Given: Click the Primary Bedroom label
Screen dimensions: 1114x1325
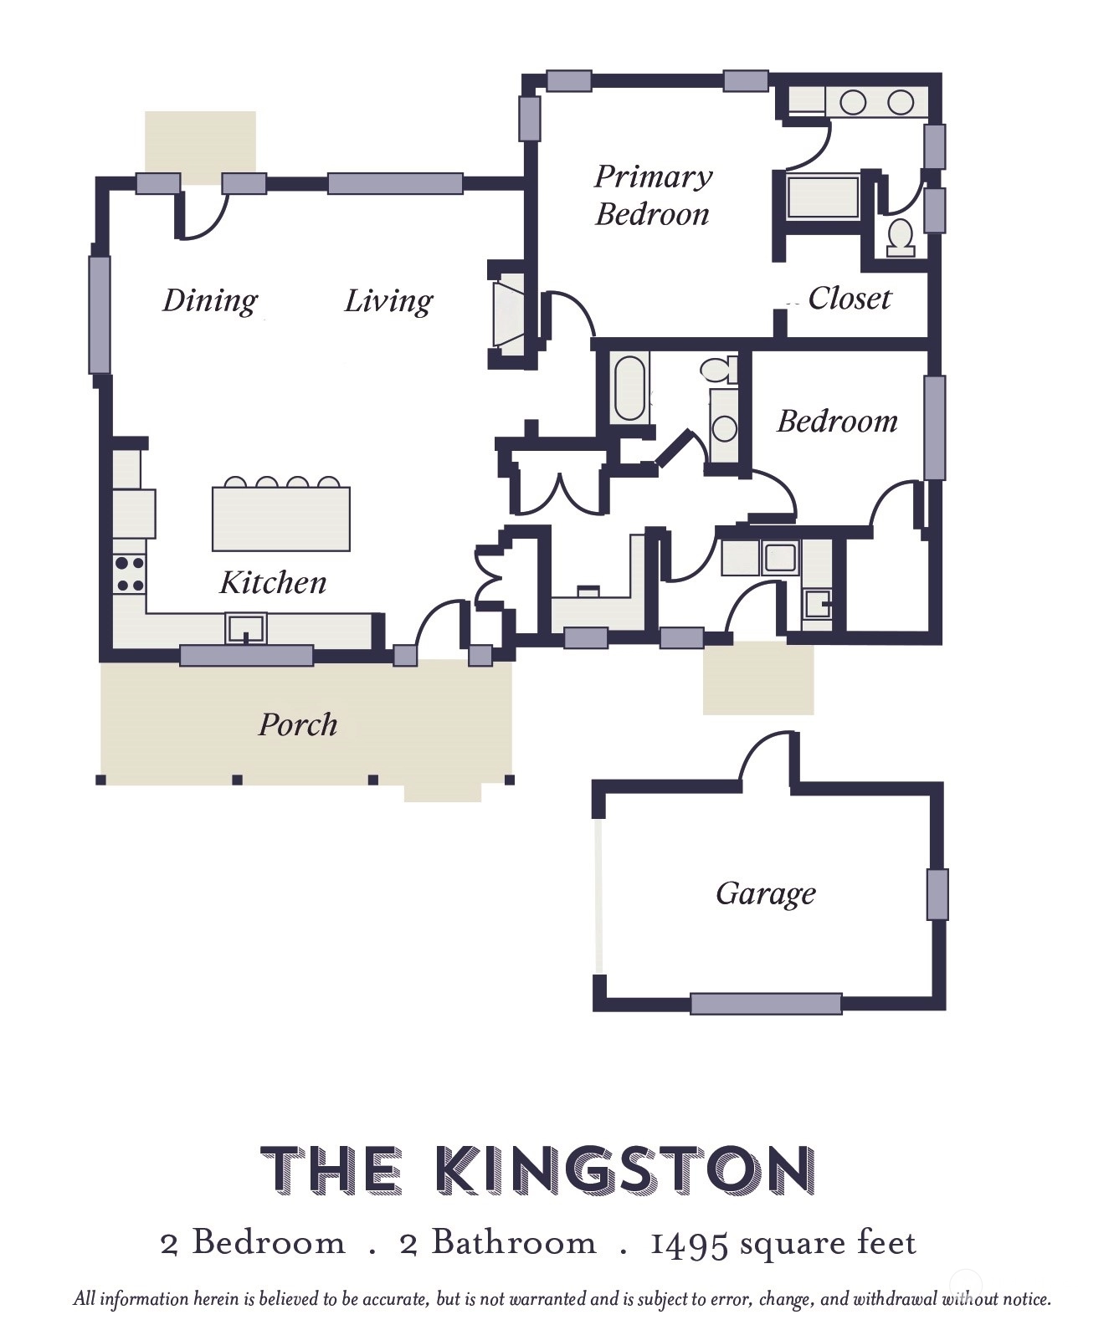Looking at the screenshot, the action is click(x=654, y=195).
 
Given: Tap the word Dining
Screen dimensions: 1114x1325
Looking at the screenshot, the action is click(x=210, y=301).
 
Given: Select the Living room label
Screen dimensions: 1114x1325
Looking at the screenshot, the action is click(x=388, y=301).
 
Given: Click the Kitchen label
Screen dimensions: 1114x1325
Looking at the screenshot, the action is click(x=273, y=582).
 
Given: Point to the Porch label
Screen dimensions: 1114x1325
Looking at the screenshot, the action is click(x=298, y=724).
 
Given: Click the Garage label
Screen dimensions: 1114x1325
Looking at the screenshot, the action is click(x=766, y=893).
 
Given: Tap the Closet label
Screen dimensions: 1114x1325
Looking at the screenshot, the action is click(x=850, y=299).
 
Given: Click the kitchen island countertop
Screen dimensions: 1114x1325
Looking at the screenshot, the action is click(x=280, y=519).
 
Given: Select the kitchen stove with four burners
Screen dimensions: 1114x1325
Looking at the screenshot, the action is click(x=129, y=574).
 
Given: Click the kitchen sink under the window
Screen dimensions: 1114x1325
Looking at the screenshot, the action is click(x=246, y=628).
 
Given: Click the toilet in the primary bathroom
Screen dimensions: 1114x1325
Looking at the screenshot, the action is click(x=901, y=238).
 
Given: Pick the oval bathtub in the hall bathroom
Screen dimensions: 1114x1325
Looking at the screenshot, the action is click(x=630, y=388).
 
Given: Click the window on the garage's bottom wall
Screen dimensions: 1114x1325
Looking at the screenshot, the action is click(x=765, y=1003).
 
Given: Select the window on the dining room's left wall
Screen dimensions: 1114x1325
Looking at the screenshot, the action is click(x=99, y=315).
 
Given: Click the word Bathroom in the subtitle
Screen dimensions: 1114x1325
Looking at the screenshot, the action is click(x=514, y=1242).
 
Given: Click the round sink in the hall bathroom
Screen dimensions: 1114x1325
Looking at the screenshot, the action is click(x=725, y=427).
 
